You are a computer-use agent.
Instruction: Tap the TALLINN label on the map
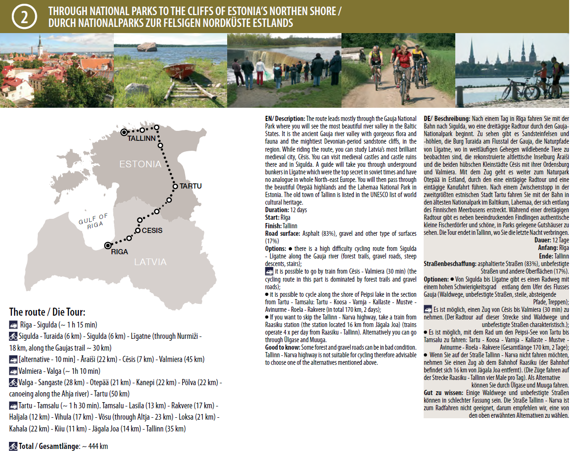141,138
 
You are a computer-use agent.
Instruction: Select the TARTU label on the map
191,186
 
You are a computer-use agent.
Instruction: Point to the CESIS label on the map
152,231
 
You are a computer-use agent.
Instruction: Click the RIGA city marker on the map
108,245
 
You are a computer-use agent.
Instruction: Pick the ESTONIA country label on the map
140,164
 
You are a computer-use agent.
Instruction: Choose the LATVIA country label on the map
150,262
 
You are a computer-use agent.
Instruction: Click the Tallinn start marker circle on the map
124,132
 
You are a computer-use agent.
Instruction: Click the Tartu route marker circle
175,186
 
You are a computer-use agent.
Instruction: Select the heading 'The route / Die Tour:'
47,312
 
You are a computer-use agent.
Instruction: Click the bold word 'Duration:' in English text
277,210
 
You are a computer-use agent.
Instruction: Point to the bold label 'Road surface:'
282,233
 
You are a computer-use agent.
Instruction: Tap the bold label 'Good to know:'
282,347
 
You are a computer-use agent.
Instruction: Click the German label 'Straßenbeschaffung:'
450,264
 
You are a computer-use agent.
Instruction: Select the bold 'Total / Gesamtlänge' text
49,446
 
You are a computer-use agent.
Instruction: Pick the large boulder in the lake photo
147,46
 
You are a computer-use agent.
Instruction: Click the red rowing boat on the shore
181,70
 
